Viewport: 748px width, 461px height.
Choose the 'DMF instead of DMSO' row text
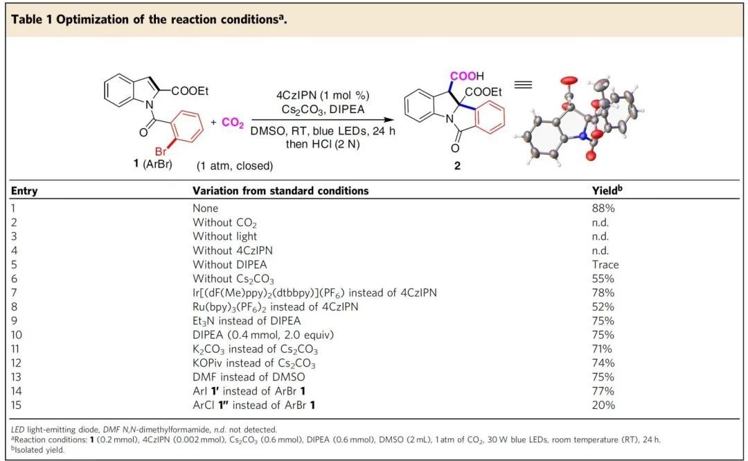point(249,376)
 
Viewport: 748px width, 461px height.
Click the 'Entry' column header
point(24,191)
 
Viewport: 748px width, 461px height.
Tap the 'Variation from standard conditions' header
point(280,191)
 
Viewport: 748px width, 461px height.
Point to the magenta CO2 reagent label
point(232,123)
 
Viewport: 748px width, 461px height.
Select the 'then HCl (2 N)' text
point(323,144)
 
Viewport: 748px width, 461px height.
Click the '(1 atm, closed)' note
point(235,166)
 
